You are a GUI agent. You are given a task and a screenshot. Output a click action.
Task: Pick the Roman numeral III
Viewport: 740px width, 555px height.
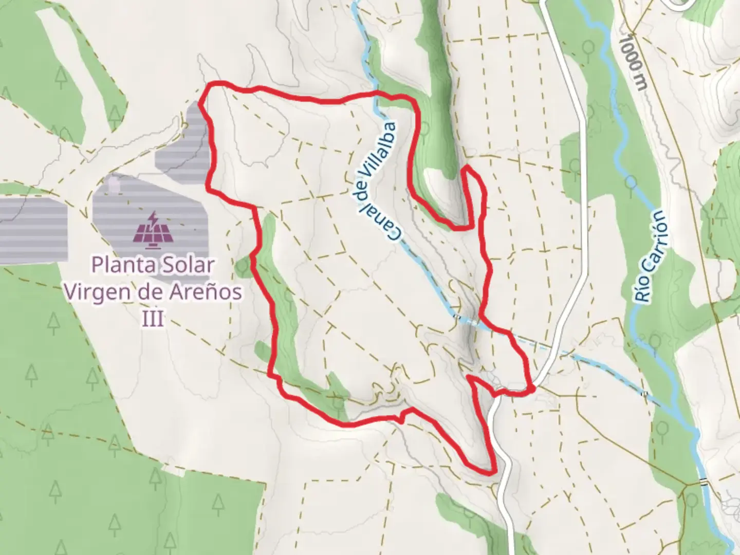[x=153, y=319]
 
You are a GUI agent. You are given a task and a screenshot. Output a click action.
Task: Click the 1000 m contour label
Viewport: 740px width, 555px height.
[x=633, y=62]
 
